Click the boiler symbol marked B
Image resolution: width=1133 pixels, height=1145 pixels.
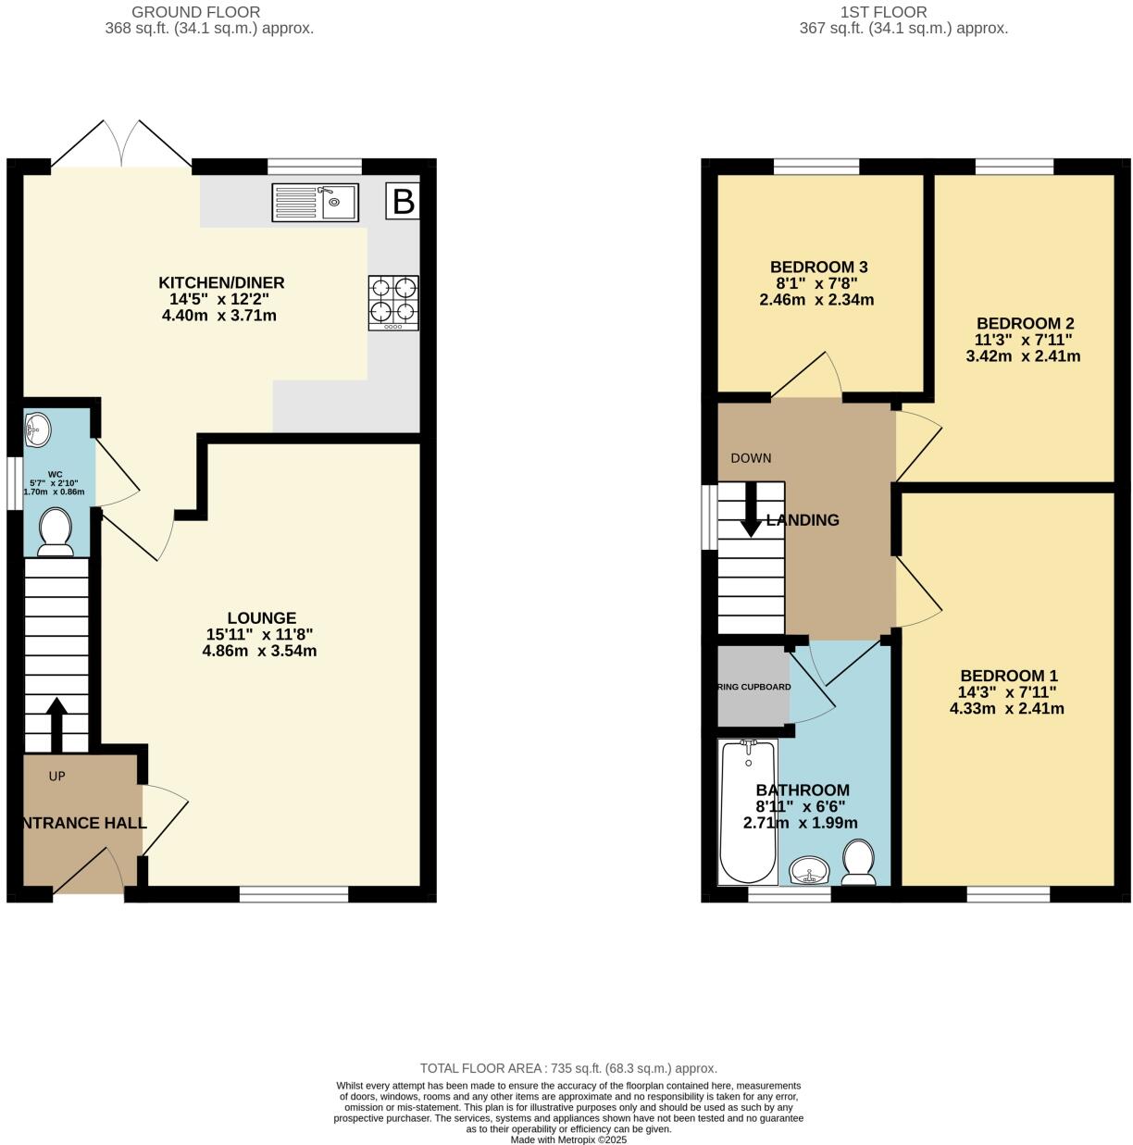[403, 201]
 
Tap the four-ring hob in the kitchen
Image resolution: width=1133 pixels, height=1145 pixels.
[393, 303]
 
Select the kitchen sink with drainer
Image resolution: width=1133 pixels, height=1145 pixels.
[315, 203]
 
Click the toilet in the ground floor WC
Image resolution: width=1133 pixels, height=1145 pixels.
[56, 534]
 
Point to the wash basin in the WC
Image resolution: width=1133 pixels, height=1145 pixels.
[40, 429]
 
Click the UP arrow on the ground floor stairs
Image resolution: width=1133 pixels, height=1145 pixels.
[56, 724]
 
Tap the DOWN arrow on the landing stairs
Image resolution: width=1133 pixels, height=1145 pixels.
[751, 509]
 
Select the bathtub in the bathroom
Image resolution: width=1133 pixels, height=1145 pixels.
[748, 811]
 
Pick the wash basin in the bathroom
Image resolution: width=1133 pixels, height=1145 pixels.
[812, 870]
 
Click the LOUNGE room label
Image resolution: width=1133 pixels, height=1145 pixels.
[262, 617]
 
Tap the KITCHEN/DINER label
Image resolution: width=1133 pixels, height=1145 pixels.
[221, 282]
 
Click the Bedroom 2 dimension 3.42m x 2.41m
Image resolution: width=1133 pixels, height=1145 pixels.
[1023, 355]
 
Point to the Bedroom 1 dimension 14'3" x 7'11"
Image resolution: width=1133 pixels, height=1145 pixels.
[1007, 691]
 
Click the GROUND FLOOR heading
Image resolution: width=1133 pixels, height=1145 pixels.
[195, 12]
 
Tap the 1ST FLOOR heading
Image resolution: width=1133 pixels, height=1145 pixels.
[883, 12]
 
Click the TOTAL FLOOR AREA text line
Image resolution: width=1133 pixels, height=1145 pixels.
[567, 1067]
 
